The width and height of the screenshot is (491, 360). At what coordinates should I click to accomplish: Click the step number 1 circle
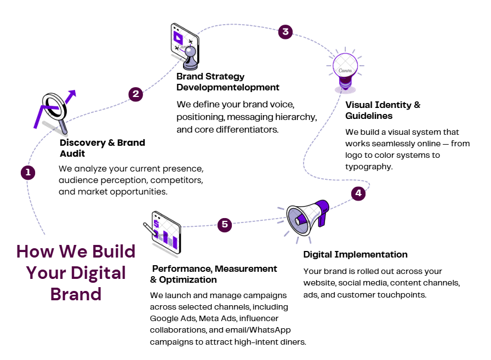[28, 173]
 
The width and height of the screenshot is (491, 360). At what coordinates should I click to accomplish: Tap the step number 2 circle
[136, 94]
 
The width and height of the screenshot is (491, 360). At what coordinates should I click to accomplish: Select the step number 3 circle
[285, 31]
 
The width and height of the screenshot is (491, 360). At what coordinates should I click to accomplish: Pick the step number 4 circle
[358, 193]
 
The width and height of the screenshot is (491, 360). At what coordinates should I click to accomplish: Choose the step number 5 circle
[225, 225]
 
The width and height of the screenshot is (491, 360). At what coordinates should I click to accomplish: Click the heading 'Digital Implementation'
[355, 254]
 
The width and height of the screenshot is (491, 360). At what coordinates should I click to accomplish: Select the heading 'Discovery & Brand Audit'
[102, 148]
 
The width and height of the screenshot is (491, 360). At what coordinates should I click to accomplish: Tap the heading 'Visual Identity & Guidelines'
[382, 110]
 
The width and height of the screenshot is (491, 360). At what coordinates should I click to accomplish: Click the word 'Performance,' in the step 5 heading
[182, 268]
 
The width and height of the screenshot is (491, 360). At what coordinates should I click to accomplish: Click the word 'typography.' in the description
[369, 167]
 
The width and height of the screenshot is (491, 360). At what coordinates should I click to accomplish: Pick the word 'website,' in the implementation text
[319, 283]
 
